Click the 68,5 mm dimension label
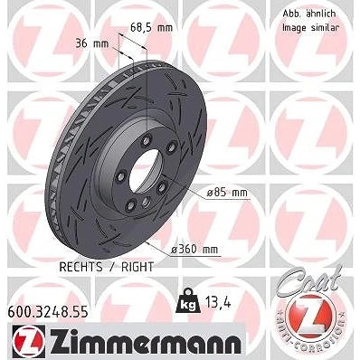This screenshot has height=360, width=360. pyautogui.click(x=151, y=28)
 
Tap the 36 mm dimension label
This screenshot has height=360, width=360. pyautogui.click(x=91, y=43)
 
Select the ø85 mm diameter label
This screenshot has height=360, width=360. pyautogui.click(x=227, y=193)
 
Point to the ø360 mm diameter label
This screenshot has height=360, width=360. pyautogui.click(x=194, y=250)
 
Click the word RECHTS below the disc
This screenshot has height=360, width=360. pyautogui.click(x=81, y=267)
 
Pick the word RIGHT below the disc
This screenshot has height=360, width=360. pyautogui.click(x=137, y=267)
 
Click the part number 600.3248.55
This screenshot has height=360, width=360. pyautogui.click(x=48, y=311)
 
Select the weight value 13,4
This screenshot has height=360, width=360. pyautogui.click(x=217, y=302)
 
